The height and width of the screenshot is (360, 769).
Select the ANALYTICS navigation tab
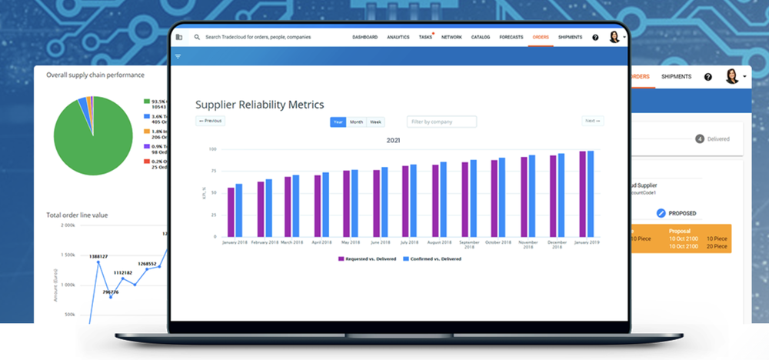point(398,37)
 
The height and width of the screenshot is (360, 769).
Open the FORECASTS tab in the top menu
point(511,37)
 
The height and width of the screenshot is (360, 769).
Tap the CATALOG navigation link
point(481,37)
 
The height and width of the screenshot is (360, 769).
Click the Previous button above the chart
point(210,121)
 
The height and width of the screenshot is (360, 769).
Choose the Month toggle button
point(356,122)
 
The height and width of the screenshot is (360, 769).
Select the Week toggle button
point(375,122)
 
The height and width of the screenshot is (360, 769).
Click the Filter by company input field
point(441,122)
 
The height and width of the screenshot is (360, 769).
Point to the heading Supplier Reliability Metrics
point(259,105)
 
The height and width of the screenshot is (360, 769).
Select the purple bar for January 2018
point(231,212)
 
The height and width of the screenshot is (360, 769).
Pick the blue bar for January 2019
point(591,193)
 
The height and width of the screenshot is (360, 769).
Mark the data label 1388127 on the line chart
point(98,256)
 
